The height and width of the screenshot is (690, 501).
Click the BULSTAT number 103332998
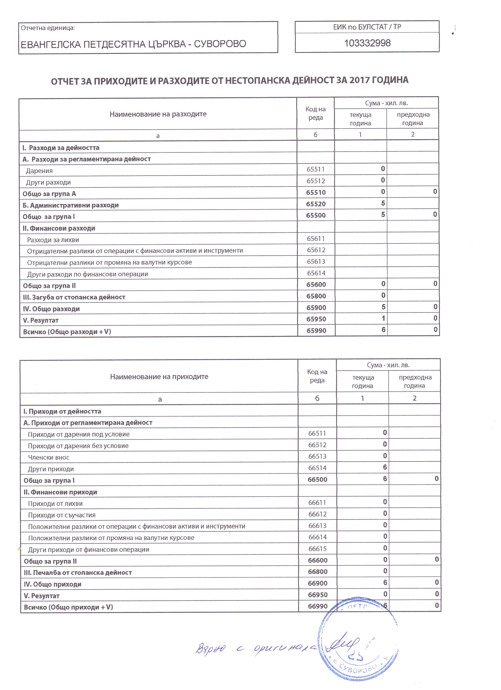tap(367, 43)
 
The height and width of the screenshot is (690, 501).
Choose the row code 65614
tap(316, 273)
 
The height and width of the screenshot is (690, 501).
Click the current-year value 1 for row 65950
tap(383, 318)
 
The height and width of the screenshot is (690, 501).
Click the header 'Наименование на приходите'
tap(159, 377)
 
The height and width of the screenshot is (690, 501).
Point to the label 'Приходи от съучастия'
tap(62, 515)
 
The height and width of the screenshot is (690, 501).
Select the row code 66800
tap(317, 572)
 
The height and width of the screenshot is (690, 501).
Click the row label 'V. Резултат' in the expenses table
tap(41, 320)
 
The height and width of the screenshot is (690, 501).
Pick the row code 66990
tap(317, 606)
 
